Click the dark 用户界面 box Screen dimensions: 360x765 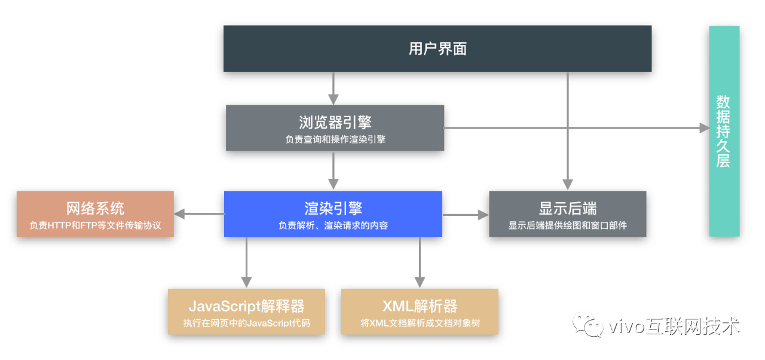coord(437,48)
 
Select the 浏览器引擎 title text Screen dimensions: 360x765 coord(335,122)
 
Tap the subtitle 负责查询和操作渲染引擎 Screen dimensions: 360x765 coord(335,139)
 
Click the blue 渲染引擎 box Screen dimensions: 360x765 coord(333,213)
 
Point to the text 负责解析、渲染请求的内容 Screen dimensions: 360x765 coord(333,226)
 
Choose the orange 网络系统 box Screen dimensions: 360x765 coord(95,213)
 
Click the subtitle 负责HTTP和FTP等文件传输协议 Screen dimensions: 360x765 coord(95,227)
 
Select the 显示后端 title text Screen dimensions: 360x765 coord(567,208)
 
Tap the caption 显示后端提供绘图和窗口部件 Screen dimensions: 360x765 coord(567,226)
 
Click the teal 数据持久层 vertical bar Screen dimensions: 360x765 coord(724,131)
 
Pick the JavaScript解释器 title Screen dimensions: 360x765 coord(246,307)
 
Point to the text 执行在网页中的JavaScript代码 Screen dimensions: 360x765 coord(246,324)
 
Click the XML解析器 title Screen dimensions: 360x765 coord(420,307)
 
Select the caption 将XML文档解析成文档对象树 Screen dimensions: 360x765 coord(420,324)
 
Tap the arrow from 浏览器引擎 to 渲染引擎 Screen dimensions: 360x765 coord(334,170)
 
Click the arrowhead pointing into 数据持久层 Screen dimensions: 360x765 coord(703,127)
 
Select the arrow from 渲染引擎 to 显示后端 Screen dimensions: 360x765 coord(465,213)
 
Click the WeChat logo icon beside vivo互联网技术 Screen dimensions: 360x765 coord(586,325)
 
